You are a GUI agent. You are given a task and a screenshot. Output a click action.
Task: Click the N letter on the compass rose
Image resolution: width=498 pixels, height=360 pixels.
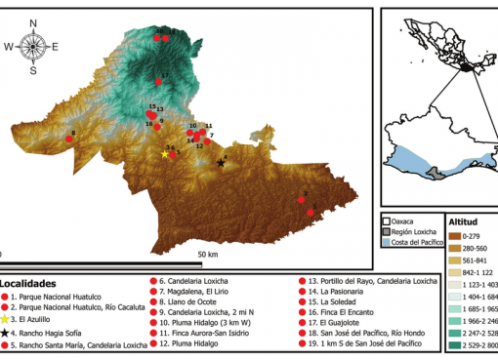[33, 21]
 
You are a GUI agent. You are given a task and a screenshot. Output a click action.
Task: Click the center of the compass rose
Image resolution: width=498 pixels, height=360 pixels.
[32, 46]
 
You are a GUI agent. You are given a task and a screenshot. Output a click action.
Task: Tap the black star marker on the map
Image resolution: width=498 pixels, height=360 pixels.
[221, 163]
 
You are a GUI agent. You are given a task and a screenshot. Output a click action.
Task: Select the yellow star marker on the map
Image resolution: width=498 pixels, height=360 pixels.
[164, 154]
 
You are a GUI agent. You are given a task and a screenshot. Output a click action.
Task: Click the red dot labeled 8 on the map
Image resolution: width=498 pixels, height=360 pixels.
[69, 140]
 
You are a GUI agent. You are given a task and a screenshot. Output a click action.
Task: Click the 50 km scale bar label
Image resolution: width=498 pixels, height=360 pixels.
[208, 255]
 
